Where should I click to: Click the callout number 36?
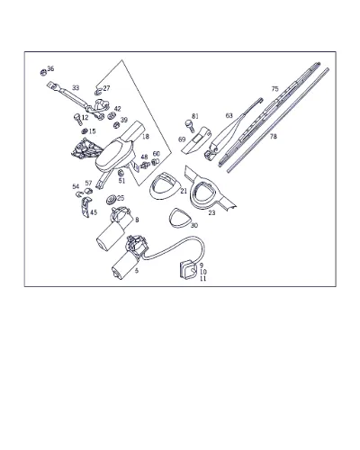point(50,69)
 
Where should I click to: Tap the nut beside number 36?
point(43,72)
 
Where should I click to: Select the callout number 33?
point(76,88)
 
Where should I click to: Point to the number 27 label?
point(106,88)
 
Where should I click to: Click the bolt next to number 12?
point(77,119)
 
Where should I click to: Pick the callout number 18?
point(146,137)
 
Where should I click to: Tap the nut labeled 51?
point(121,173)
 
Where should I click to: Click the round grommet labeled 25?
point(112,200)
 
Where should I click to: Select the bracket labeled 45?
point(85,207)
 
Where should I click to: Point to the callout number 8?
point(137,220)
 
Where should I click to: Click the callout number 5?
point(137,271)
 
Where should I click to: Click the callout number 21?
point(184,191)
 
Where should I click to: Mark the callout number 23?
point(211,213)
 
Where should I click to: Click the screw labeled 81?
point(189,124)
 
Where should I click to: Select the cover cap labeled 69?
point(196,140)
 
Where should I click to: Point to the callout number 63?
point(229,116)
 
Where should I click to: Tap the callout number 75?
point(274,89)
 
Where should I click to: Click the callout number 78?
point(273,137)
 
